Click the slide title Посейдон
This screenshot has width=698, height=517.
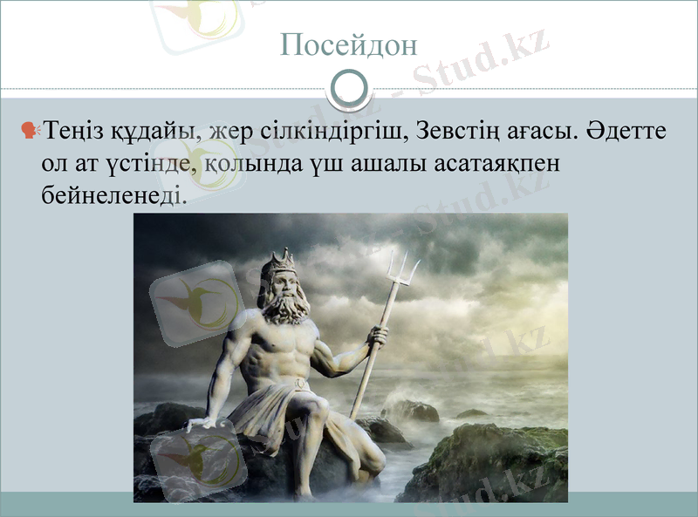pos(349,44)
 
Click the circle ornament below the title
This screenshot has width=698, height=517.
pos(349,87)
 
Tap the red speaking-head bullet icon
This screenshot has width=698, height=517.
pos(31,131)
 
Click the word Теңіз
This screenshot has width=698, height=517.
pos(73,133)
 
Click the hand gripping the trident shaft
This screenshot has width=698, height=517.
pos(377,336)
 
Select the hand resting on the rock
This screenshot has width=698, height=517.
pos(202,425)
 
